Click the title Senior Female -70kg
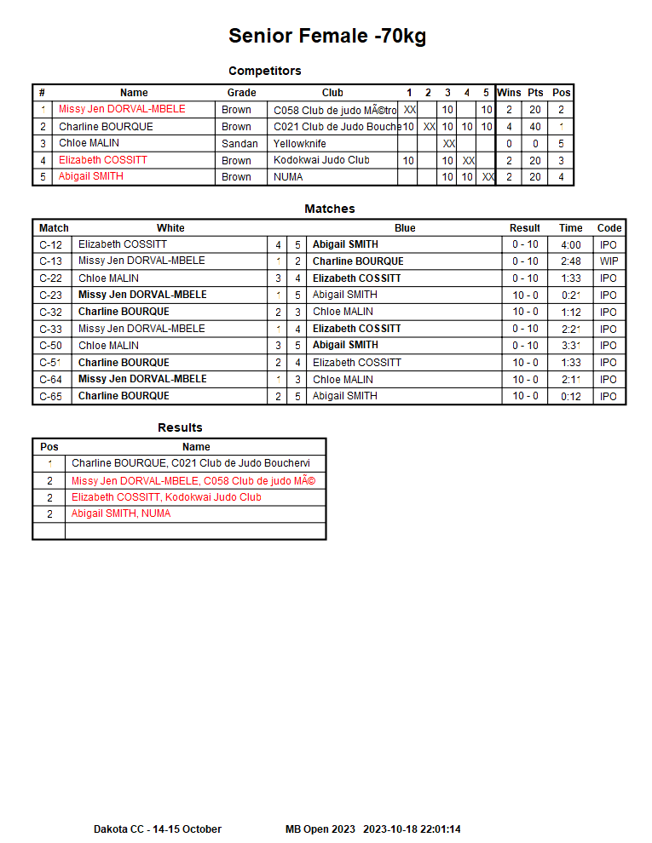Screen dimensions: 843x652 [327, 36]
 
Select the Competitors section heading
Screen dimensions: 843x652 [264, 71]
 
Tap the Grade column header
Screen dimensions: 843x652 [241, 93]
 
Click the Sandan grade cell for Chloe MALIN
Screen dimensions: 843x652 [239, 143]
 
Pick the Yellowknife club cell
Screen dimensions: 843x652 [299, 143]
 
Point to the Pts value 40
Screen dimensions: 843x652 [535, 127]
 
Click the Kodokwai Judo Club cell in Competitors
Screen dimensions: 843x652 [321, 160]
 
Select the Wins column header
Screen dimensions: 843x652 [509, 93]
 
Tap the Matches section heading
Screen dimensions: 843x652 [329, 209]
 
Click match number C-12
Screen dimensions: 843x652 [50, 244]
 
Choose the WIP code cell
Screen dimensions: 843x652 [609, 261]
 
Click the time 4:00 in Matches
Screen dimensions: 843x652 [570, 244]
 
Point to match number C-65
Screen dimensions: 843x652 [50, 396]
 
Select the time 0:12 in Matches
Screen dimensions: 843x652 [570, 396]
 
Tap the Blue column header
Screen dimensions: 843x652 [405, 228]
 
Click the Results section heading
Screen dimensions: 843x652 [180, 427]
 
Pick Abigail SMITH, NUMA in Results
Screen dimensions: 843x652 [120, 513]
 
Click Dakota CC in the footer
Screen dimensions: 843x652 [118, 829]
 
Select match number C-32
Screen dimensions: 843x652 [50, 312]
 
